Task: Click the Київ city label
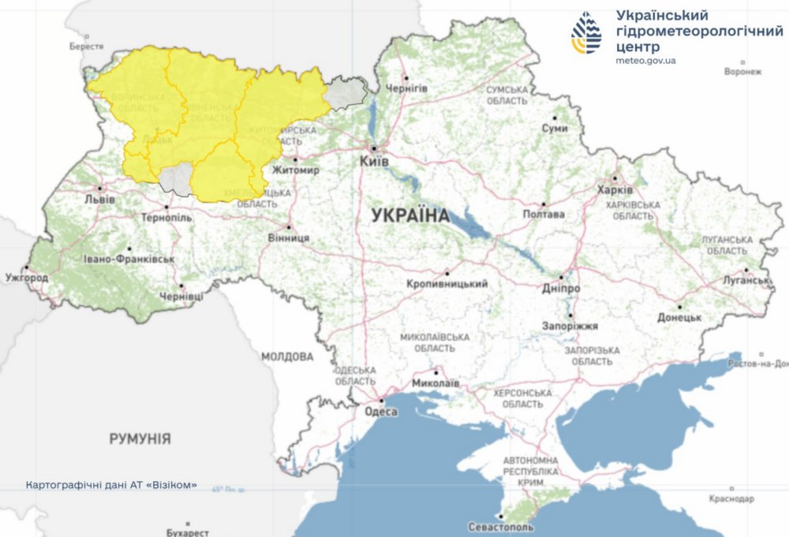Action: click(x=373, y=161)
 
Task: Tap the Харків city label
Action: click(x=615, y=191)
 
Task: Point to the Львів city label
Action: click(x=99, y=200)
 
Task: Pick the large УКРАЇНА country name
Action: click(x=409, y=215)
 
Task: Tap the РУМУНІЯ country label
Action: click(x=140, y=438)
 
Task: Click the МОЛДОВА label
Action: click(x=287, y=357)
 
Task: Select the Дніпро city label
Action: click(x=561, y=289)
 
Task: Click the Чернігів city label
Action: click(x=406, y=88)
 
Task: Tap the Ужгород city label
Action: click(x=27, y=278)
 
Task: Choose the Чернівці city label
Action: click(x=181, y=296)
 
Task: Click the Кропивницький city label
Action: click(x=447, y=284)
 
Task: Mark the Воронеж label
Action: click(x=742, y=72)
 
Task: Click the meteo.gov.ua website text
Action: click(x=645, y=61)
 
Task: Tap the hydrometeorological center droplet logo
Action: click(x=586, y=32)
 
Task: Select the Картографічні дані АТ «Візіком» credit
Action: click(x=111, y=484)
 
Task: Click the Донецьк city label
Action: click(x=679, y=317)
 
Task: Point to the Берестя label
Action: click(x=86, y=47)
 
